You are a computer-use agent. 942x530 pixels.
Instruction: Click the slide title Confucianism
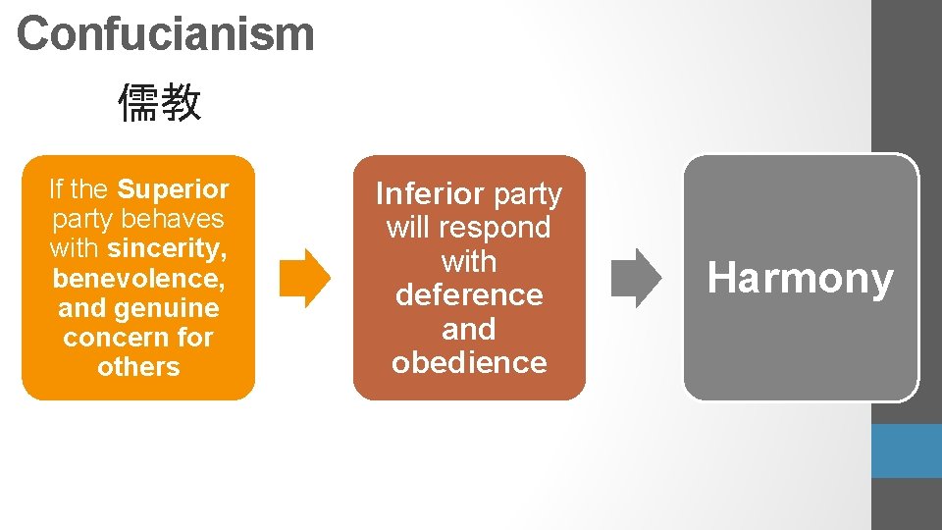pyautogui.click(x=165, y=33)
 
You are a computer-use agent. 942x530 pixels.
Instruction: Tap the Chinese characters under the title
pyautogui.click(x=160, y=103)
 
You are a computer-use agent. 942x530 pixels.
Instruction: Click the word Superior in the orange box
pyautogui.click(x=173, y=188)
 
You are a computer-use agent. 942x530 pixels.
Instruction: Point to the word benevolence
pyautogui.click(x=137, y=279)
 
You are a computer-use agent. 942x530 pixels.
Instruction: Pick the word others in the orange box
pyautogui.click(x=138, y=367)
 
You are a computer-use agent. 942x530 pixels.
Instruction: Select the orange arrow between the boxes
pyautogui.click(x=305, y=278)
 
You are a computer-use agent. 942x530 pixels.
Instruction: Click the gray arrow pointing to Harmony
pyautogui.click(x=637, y=278)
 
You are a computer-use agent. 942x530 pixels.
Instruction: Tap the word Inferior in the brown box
pyautogui.click(x=430, y=193)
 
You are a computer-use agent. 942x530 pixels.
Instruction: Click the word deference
pyautogui.click(x=469, y=294)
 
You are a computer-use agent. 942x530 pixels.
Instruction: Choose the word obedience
pyautogui.click(x=469, y=362)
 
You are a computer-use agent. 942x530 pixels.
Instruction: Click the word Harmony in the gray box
pyautogui.click(x=801, y=279)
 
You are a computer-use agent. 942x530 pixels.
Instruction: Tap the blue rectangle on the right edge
pyautogui.click(x=906, y=450)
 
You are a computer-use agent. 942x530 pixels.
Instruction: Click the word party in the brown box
pyautogui.click(x=528, y=194)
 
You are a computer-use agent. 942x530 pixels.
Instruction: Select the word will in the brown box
pyautogui.click(x=407, y=228)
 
